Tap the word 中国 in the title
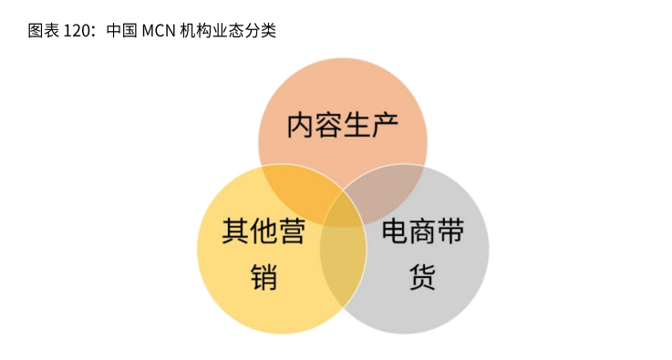click(121, 30)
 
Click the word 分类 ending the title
click(263, 30)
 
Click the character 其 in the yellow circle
click(235, 231)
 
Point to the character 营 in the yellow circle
click(292, 231)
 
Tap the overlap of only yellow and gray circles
click(343, 264)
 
